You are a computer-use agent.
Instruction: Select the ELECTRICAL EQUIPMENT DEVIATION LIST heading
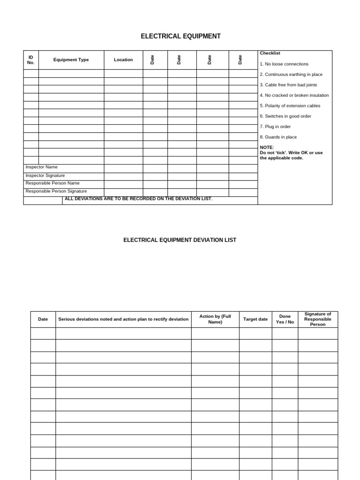180,240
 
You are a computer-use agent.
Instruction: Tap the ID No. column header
31,60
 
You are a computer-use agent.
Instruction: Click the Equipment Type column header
71,60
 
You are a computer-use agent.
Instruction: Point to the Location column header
123,60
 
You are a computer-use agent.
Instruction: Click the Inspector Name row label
42,167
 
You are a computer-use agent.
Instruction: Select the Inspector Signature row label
45,175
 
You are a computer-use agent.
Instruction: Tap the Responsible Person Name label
52,183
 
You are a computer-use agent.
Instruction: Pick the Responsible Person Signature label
56,191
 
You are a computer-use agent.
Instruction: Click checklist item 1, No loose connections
284,64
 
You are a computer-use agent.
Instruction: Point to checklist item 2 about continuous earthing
291,75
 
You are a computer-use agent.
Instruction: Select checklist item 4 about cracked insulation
294,95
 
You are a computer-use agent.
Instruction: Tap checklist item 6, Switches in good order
285,116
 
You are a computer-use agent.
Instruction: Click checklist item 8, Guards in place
278,137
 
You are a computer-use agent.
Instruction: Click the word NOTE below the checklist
267,147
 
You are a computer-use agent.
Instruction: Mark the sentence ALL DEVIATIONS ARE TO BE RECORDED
139,199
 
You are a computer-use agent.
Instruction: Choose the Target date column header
255,319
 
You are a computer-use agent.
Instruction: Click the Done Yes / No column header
285,319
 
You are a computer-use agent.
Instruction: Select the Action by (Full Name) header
215,319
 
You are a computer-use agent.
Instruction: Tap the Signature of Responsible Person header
318,319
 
